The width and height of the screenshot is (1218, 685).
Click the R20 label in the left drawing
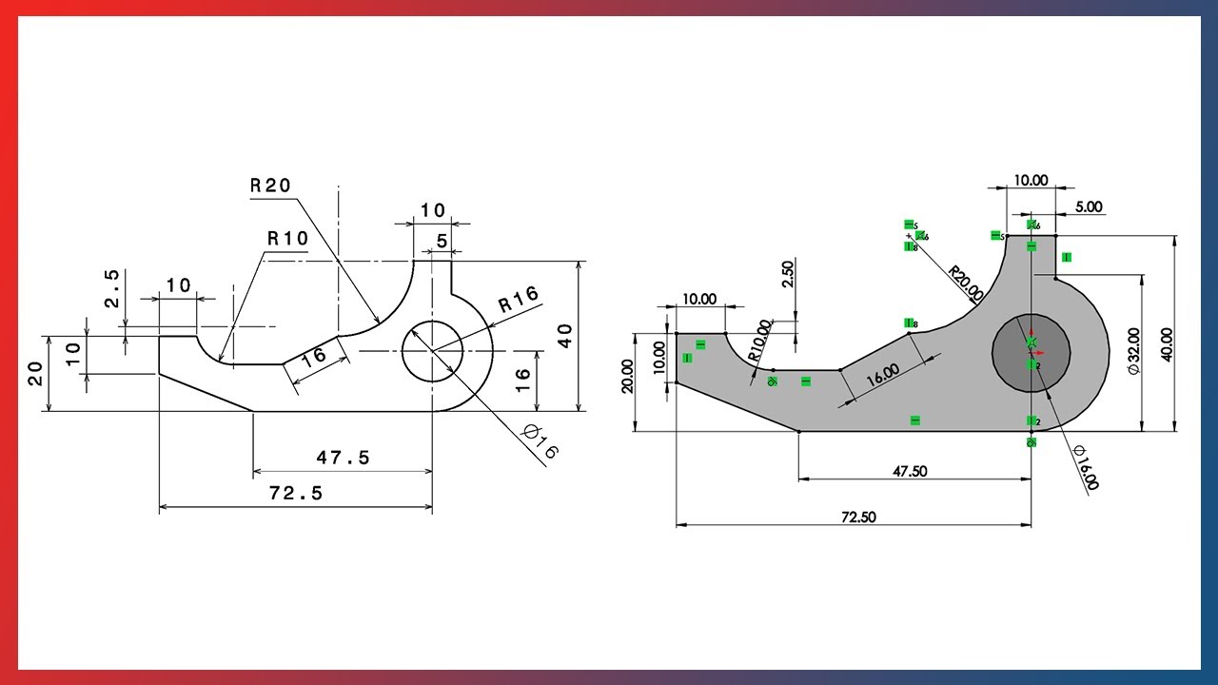270,186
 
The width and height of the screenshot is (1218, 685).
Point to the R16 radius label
519,301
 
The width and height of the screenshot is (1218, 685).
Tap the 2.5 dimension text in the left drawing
111,288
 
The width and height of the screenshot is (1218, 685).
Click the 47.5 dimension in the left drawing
343,459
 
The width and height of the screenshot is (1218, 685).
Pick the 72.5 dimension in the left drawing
295,493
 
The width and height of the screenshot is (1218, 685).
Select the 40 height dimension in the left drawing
565,335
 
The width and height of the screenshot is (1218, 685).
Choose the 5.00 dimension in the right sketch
1089,206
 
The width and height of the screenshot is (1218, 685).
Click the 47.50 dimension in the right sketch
912,471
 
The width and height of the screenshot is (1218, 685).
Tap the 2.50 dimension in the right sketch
787,274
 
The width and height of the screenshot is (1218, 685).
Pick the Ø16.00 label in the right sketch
1085,468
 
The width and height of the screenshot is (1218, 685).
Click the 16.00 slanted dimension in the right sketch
882,374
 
